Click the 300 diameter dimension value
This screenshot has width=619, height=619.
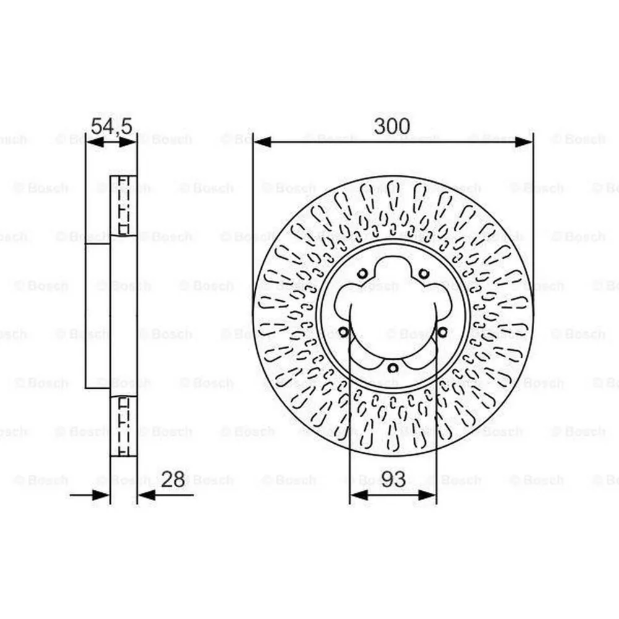[392, 126]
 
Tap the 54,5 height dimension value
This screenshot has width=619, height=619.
[111, 126]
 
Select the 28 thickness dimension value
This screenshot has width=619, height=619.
[173, 480]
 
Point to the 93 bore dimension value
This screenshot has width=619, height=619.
[394, 479]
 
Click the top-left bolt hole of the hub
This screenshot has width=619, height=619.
[362, 273]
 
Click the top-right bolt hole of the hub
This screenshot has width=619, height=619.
[423, 273]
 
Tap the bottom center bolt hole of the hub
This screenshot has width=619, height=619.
[393, 368]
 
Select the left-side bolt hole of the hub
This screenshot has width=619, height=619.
[344, 332]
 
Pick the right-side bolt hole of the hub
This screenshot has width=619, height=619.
[442, 332]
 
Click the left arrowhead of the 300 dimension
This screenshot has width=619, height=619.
[262, 142]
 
